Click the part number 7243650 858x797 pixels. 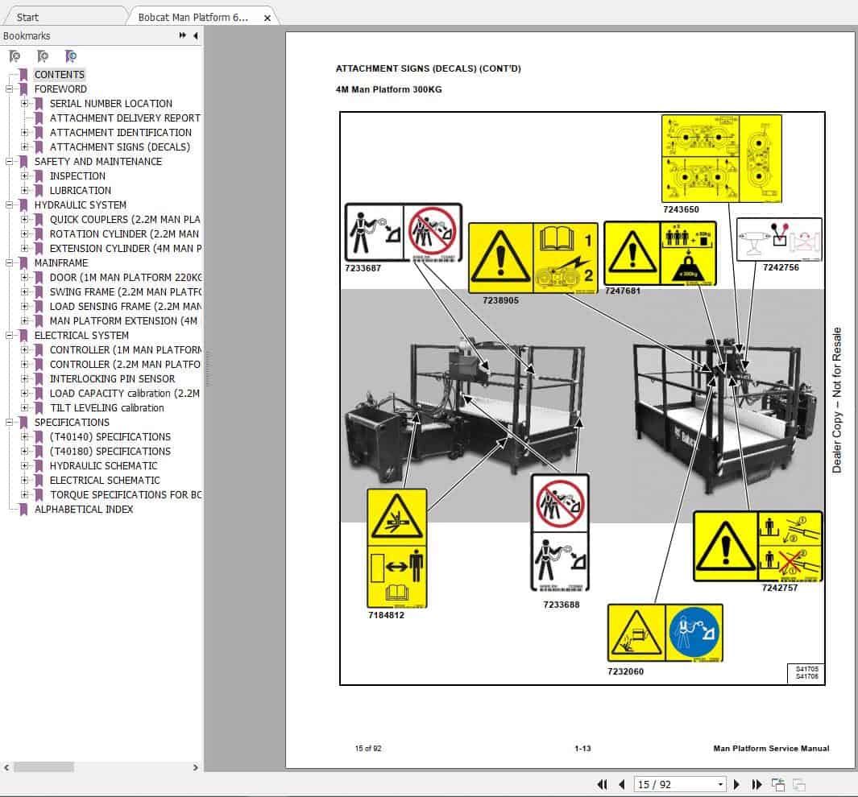tap(681, 210)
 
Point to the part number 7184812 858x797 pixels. tap(386, 616)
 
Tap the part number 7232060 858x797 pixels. tap(625, 671)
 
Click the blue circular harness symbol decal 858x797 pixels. tap(694, 633)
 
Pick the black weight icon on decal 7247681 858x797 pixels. tap(688, 268)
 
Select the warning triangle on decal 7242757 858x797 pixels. tap(725, 546)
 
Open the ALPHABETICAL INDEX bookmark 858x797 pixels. tap(84, 509)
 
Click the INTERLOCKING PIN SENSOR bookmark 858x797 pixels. tap(112, 378)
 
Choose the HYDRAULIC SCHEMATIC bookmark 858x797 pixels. tap(103, 465)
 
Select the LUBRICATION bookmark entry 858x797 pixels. tap(81, 190)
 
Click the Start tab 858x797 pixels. tap(27, 17)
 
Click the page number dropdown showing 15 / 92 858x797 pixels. tap(680, 784)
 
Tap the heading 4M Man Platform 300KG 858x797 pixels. tap(388, 89)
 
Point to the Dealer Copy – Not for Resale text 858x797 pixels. tap(837, 400)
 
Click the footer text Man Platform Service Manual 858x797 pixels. tap(771, 749)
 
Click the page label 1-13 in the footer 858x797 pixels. tap(583, 749)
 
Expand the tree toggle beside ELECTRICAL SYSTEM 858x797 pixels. tap(10, 335)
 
